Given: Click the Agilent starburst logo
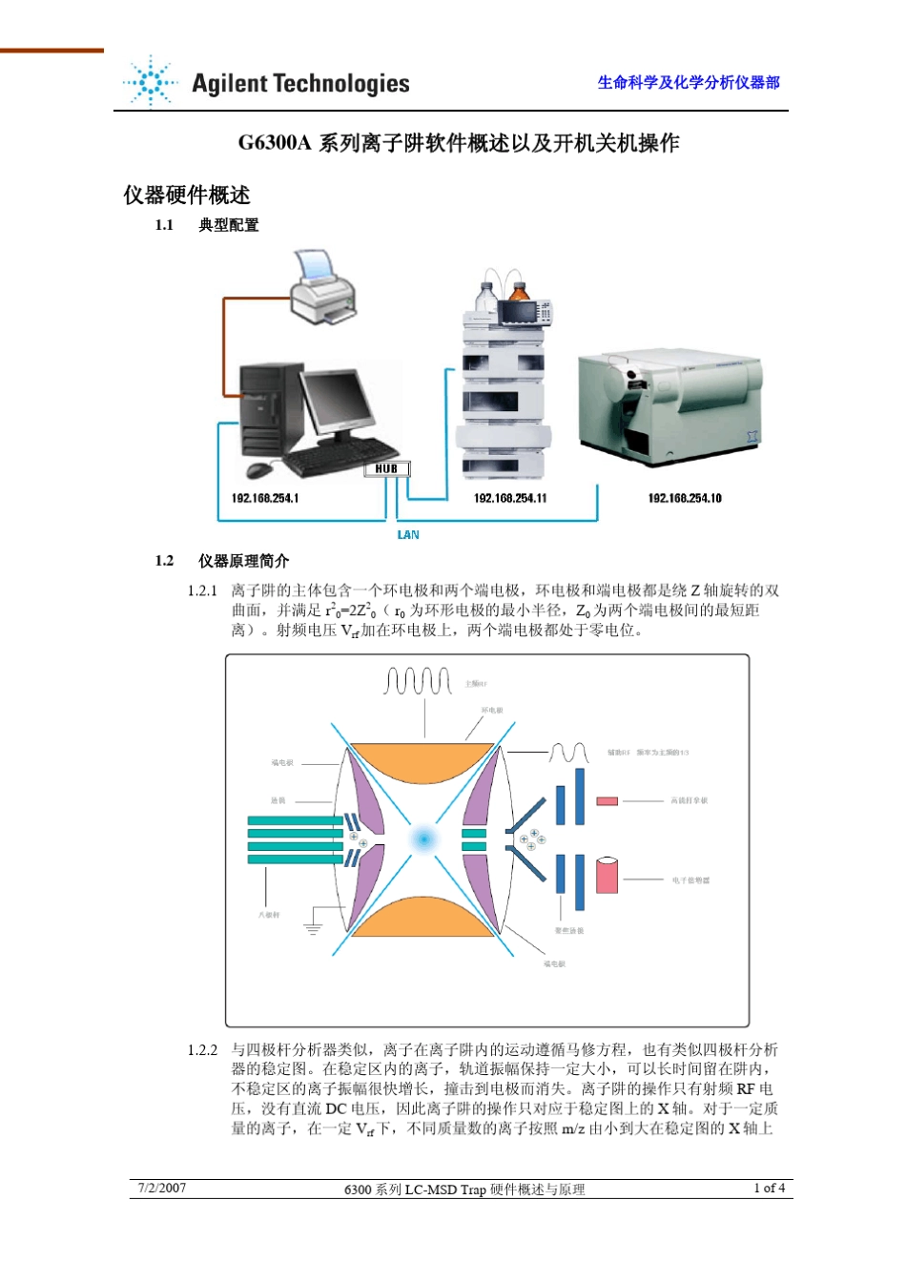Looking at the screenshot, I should (151, 82).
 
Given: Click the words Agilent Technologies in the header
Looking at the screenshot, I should (300, 84).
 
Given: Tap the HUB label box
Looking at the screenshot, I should (386, 468).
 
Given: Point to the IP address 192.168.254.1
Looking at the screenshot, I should (265, 498).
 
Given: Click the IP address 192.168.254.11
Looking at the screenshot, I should (510, 498).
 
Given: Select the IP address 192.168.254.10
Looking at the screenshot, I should (685, 498).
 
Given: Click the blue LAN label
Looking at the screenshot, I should (408, 535).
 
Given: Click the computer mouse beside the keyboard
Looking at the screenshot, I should (257, 469).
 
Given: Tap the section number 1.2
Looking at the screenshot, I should (165, 561).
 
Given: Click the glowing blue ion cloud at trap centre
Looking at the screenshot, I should (422, 839).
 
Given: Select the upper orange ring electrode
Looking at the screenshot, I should (422, 762).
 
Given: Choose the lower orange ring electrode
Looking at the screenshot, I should (422, 918).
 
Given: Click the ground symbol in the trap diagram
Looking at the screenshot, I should (313, 927).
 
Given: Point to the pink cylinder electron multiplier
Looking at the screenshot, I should (607, 875).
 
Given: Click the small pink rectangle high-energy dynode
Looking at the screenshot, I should (607, 801).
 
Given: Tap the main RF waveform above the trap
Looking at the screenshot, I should (418, 681).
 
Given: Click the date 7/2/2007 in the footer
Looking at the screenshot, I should (162, 1188).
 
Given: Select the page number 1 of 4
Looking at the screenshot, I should (769, 1188).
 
